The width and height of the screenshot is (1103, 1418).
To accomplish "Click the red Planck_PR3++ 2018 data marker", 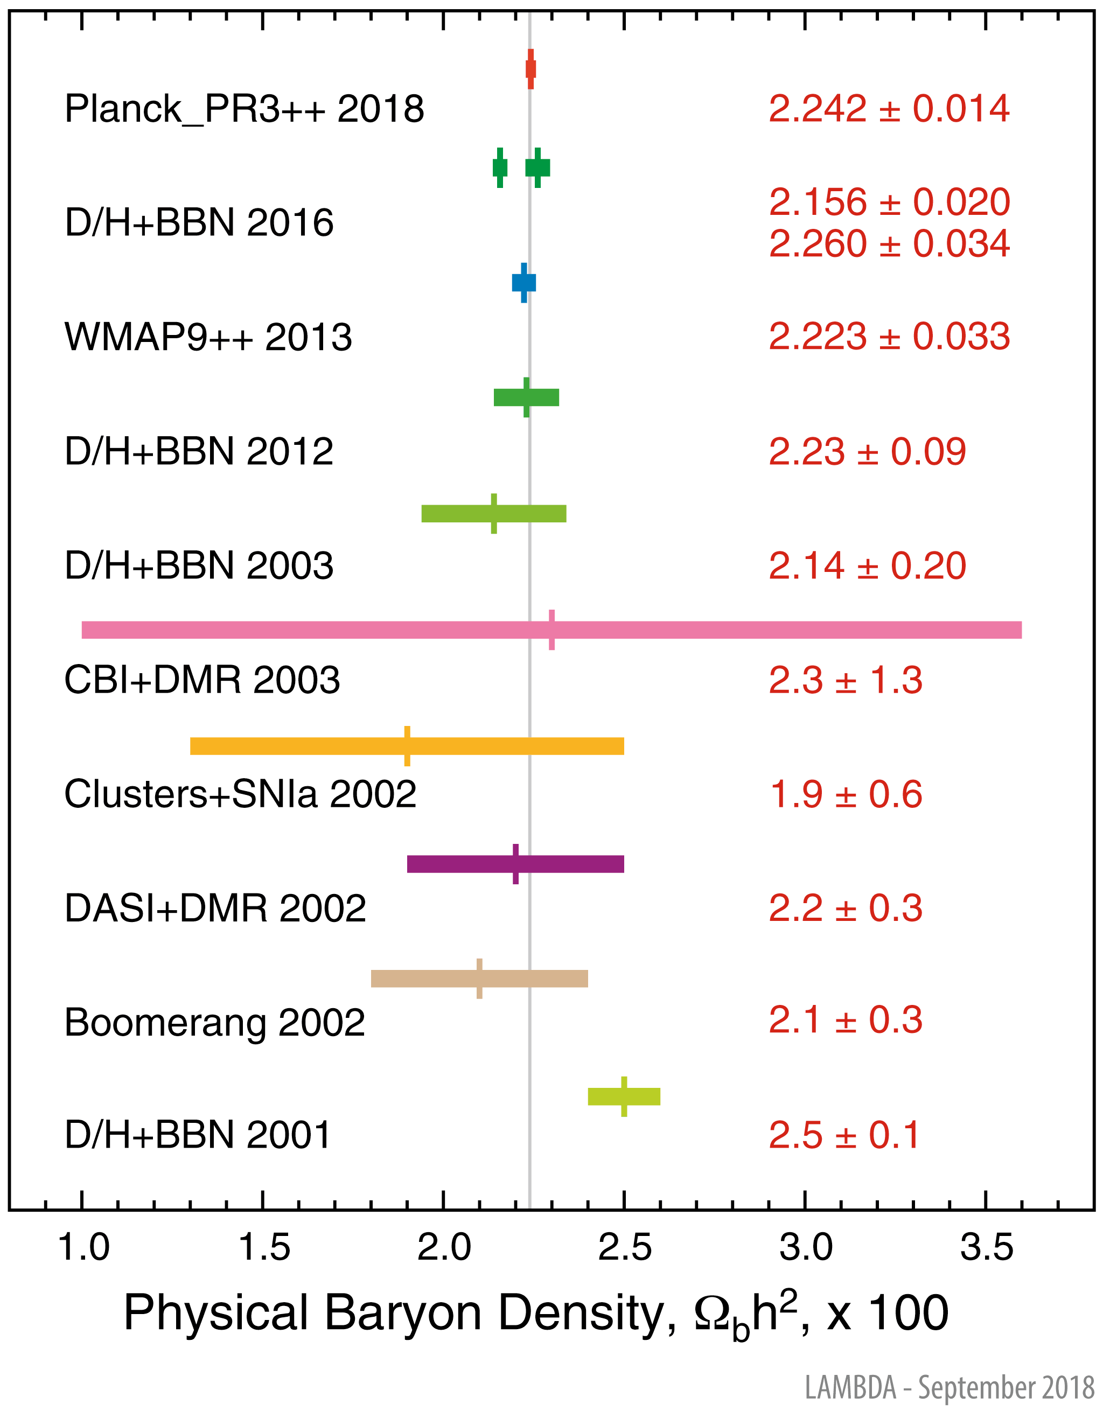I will coord(530,69).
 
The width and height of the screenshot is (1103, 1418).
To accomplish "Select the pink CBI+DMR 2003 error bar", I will coord(551,630).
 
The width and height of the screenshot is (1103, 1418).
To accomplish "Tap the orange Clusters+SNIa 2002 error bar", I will coord(407,746).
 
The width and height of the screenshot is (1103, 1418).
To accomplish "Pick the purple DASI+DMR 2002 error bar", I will coord(515,864).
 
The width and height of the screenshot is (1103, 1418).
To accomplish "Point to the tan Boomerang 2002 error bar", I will coord(479,979).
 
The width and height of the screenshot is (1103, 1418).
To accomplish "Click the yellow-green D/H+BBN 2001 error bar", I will coord(624,1096).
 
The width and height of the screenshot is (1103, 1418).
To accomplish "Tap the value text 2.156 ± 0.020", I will coord(889,202).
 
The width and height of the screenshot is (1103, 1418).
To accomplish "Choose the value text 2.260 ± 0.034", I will coord(889,243).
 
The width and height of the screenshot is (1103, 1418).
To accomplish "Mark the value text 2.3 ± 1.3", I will coord(845,680).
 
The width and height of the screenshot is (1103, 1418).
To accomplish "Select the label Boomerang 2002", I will coord(215,1023).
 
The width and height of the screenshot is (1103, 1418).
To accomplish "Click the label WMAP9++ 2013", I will coord(208,337).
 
